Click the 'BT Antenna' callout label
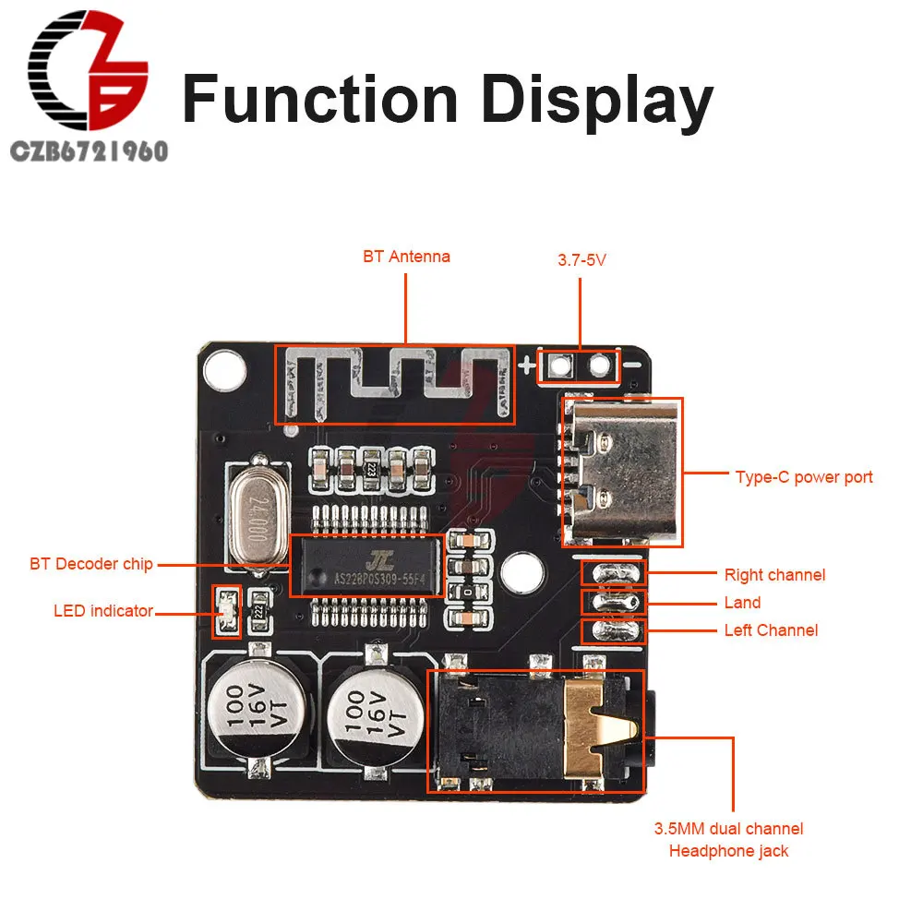click(406, 257)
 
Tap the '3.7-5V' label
click(581, 260)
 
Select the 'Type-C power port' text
click(803, 477)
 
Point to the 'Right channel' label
click(774, 575)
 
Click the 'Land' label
click(742, 603)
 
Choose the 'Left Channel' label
click(771, 630)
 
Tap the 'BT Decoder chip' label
click(90, 564)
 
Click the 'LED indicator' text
click(103, 610)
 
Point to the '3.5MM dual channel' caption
click(728, 829)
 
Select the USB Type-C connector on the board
click(621, 470)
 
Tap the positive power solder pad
click(557, 367)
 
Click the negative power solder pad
click(601, 367)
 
